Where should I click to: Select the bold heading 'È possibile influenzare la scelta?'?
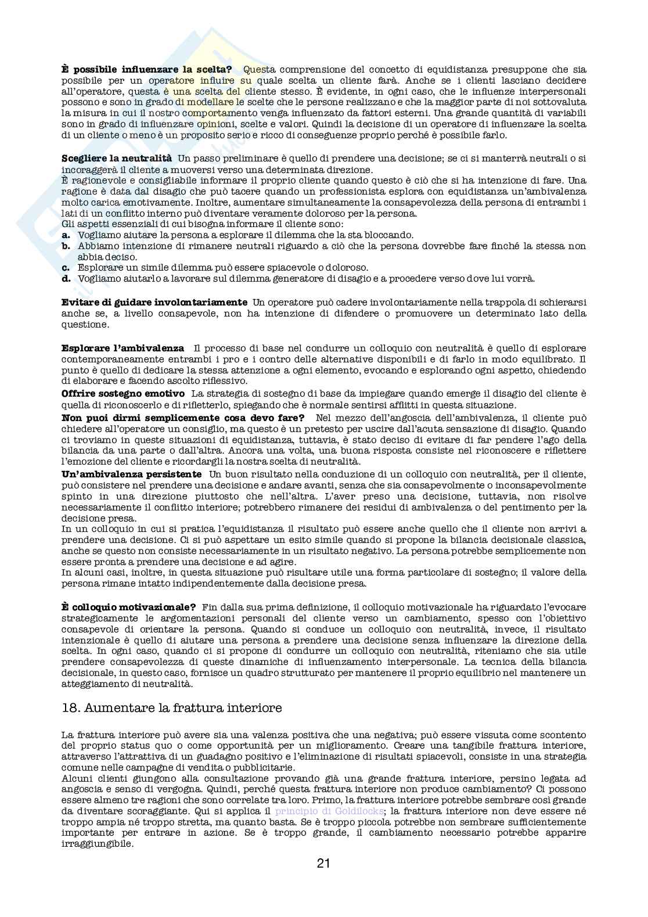coord(147,70)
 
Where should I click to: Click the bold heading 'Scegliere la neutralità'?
coord(117,158)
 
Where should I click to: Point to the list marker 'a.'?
coord(66,235)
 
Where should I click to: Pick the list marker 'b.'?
coord(66,246)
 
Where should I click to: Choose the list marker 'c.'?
coord(66,267)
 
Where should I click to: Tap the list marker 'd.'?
coord(66,278)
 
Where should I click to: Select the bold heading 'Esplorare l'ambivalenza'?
coord(123,348)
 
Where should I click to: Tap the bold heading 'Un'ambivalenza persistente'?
coord(132,474)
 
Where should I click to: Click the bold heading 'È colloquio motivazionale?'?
coord(128,606)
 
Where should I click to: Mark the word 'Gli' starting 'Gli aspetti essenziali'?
coord(68,224)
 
